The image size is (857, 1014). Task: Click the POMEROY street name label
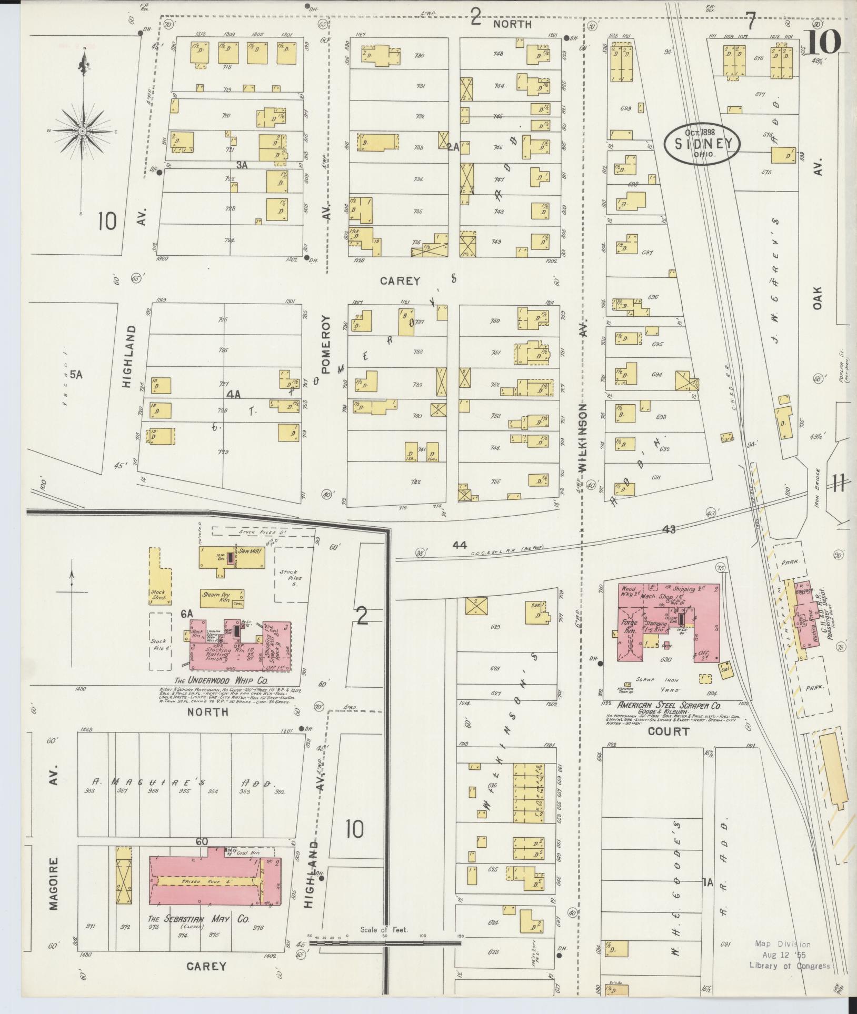pos(325,344)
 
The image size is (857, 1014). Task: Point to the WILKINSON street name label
pos(583,437)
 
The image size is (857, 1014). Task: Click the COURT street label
pos(668,731)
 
